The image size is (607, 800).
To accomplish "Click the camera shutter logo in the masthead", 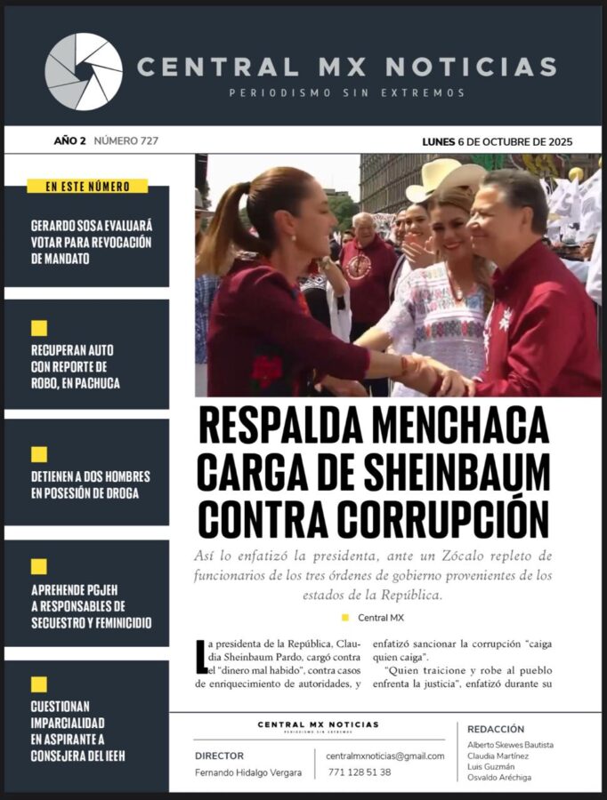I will [84, 71].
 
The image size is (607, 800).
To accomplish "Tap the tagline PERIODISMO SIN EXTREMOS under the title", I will [346, 92].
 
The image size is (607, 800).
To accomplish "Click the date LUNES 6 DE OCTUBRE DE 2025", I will [497, 141].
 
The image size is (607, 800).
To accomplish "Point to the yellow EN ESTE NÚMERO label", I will [87, 187].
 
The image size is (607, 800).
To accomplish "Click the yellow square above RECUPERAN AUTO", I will [39, 328].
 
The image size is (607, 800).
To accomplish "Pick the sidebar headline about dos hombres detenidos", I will [91, 484].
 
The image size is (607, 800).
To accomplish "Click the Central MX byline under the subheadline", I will [380, 618].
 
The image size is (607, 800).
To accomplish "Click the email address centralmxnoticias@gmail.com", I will [385, 756].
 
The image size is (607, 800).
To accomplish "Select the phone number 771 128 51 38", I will [360, 772].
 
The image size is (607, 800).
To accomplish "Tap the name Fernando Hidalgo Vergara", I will [248, 773].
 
